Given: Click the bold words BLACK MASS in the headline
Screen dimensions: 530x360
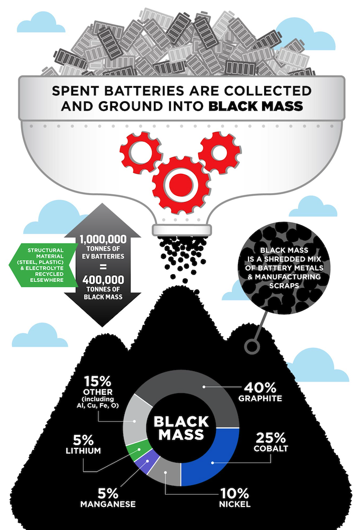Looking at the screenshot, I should tap(255, 105).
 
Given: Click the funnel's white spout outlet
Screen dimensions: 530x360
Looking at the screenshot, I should tap(182, 230).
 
